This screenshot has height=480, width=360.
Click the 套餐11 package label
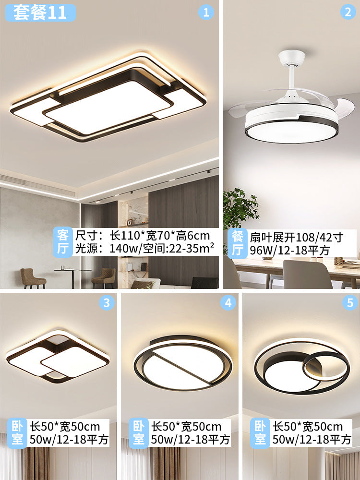(39, 12)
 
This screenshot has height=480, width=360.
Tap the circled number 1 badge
(206, 13)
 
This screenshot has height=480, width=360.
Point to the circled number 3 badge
(107, 302)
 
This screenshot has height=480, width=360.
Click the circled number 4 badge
(228, 302)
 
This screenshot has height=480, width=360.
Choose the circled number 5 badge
(350, 302)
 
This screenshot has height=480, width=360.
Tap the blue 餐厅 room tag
(237, 243)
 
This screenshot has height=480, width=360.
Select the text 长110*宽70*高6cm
(143, 235)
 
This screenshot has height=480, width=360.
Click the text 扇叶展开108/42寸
(296, 237)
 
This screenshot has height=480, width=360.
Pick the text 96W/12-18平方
(289, 250)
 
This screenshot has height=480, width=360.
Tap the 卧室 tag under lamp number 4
(138, 432)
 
